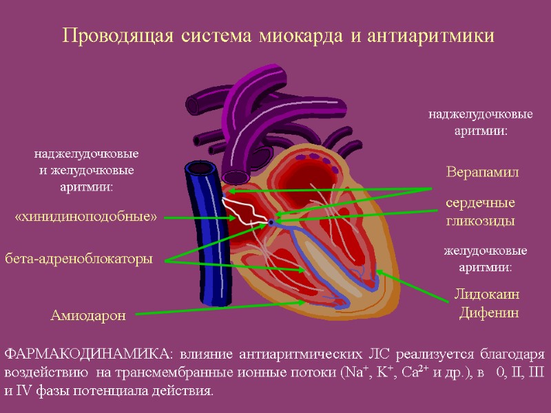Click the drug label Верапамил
[481, 171]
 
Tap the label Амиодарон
[88, 316]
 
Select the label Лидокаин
[487, 295]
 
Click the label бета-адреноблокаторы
[79, 259]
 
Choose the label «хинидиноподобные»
[86, 218]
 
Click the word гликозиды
[480, 222]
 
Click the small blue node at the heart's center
[271, 222]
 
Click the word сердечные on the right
[480, 204]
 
